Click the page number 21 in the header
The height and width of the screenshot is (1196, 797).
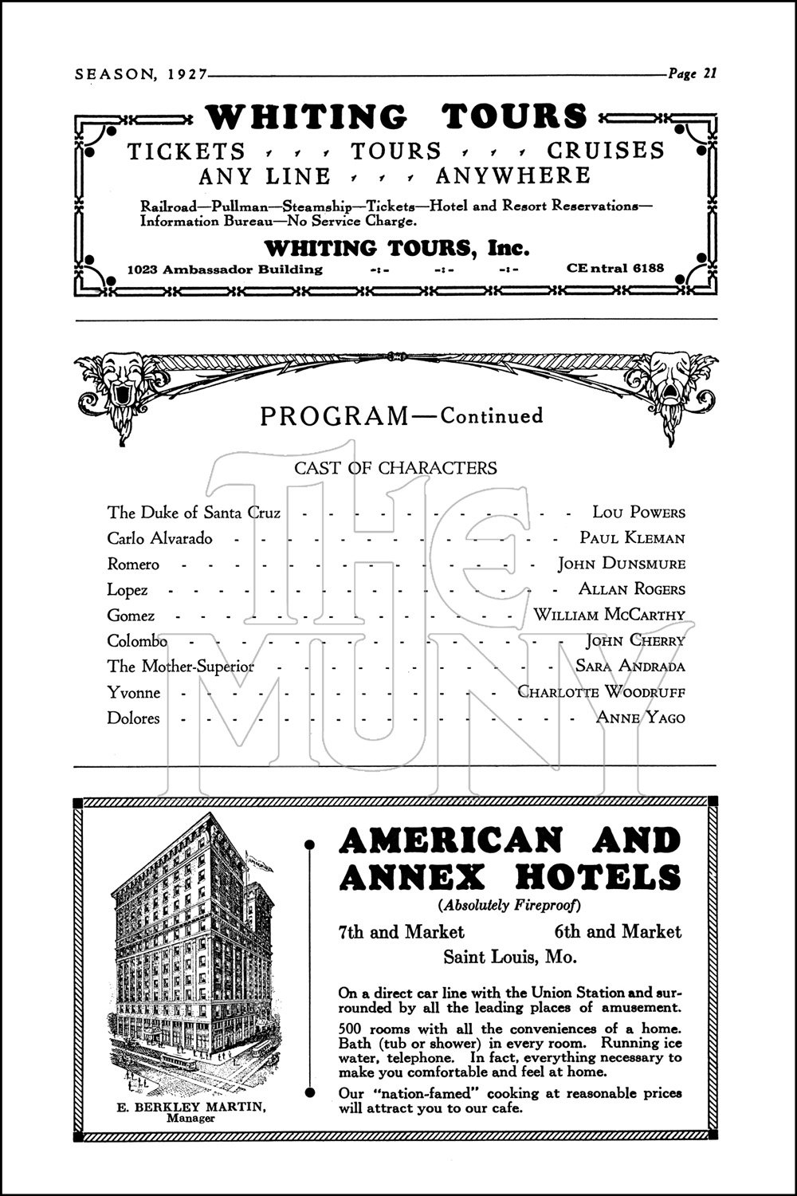click(x=709, y=73)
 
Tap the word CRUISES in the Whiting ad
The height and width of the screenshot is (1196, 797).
click(x=605, y=151)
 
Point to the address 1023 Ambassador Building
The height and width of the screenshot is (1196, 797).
click(x=226, y=269)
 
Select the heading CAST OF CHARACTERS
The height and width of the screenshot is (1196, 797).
click(x=395, y=468)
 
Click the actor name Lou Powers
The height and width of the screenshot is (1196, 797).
click(x=638, y=513)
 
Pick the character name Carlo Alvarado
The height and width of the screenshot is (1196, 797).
click(x=160, y=538)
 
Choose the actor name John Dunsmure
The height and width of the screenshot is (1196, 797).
click(x=621, y=564)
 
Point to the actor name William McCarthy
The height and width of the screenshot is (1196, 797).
click(x=609, y=615)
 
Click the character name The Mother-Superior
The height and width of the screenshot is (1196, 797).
click(x=181, y=667)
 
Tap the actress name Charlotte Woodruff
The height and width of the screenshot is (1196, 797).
click(x=601, y=691)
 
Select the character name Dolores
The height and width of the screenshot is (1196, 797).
click(x=134, y=718)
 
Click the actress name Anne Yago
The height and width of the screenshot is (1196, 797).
click(x=640, y=718)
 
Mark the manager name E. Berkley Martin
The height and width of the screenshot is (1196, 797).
click(x=191, y=1107)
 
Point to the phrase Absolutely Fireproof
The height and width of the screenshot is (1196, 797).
click(x=509, y=905)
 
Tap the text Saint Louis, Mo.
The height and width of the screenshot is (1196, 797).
click(x=509, y=956)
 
